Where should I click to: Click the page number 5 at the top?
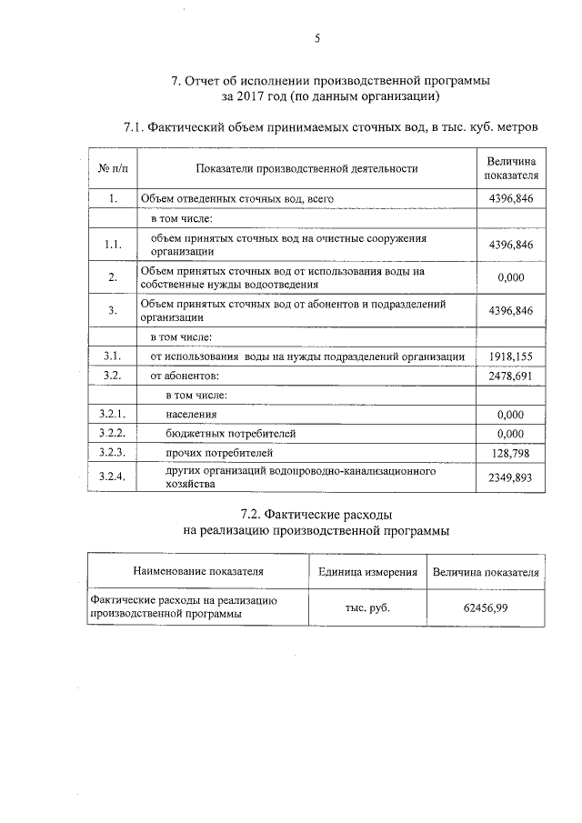[317, 38]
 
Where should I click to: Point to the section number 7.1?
[134, 127]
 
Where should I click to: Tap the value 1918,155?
[510, 356]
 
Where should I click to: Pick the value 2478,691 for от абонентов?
[510, 376]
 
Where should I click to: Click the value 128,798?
[510, 452]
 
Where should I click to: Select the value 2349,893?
[510, 478]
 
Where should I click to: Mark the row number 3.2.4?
[113, 478]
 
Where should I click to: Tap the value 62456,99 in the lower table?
[486, 607]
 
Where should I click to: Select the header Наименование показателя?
[198, 572]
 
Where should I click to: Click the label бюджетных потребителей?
[231, 433]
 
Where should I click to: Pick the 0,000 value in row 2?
[510, 278]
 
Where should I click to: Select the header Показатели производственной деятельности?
[306, 168]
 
